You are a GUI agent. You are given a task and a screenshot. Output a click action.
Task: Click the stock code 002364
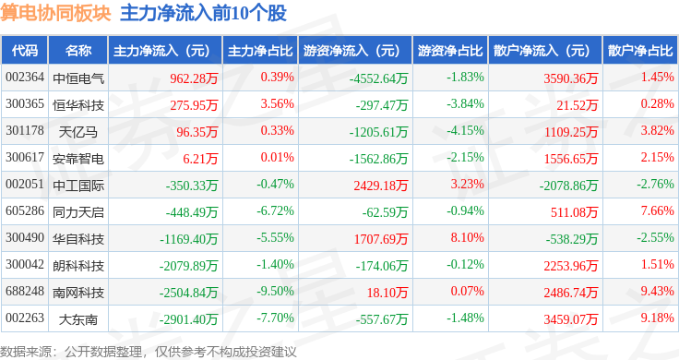[25, 78]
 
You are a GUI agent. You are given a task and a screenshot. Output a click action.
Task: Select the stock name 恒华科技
[78, 105]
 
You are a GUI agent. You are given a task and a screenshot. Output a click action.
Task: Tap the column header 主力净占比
[260, 51]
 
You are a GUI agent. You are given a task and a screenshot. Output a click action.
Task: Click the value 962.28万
[194, 78]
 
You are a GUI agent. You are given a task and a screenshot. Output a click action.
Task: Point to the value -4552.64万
[378, 78]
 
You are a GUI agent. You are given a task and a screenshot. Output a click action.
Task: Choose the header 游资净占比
[450, 51]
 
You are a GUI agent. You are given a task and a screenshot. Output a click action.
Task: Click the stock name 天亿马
[78, 132]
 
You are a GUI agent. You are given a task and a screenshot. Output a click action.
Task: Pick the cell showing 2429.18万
[381, 186]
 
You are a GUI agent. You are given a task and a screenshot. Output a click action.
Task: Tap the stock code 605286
[25, 211]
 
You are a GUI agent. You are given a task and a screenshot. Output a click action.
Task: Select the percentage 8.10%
[467, 237]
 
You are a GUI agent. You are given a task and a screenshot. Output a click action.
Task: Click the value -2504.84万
[188, 293]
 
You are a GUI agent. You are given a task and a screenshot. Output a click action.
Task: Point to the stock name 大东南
[78, 319]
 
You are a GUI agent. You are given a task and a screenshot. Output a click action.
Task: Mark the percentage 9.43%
[658, 291]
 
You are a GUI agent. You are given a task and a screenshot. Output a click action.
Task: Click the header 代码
[25, 51]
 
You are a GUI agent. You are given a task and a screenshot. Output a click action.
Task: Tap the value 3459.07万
[571, 319]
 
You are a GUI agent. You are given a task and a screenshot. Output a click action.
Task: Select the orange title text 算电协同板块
[56, 13]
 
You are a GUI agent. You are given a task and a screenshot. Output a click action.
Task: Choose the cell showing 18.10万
[387, 293]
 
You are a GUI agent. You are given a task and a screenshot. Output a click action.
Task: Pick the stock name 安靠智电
[78, 159]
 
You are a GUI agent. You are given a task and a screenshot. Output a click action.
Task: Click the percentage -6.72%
[276, 211]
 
